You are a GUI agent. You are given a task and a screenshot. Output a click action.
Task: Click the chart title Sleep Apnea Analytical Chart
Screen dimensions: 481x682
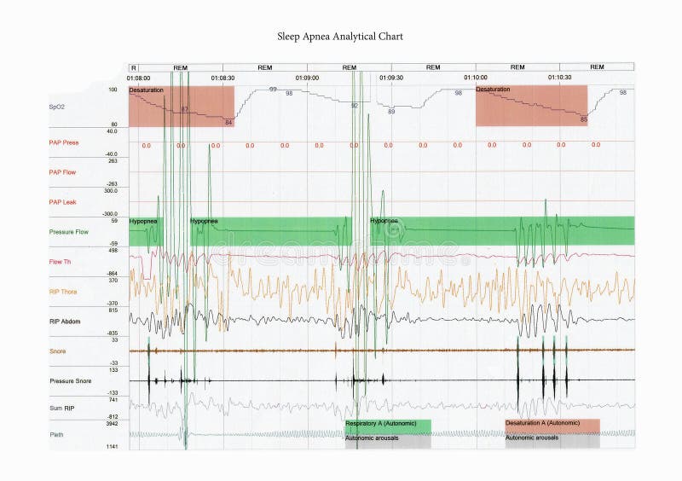coord(340,37)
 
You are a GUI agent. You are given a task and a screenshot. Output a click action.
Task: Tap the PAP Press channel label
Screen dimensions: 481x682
coord(64,142)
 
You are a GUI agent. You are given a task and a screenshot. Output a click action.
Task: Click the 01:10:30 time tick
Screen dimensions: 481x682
coord(560,78)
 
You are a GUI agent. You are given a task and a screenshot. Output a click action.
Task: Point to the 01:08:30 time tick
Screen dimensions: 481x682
coord(223,78)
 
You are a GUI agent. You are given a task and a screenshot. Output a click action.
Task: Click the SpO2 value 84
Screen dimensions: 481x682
coord(228,123)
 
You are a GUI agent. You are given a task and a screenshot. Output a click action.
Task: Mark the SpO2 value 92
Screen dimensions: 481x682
coord(354,105)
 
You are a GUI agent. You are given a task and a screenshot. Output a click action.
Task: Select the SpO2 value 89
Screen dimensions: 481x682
coord(391,112)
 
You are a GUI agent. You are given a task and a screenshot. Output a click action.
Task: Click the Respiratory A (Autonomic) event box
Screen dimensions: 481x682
coord(388,423)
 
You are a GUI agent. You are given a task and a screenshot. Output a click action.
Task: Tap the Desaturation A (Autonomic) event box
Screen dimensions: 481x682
coord(552,423)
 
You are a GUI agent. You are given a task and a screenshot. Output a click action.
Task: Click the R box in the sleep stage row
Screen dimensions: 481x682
coord(134,67)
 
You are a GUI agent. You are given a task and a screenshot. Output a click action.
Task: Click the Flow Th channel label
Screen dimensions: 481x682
coord(61,262)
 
